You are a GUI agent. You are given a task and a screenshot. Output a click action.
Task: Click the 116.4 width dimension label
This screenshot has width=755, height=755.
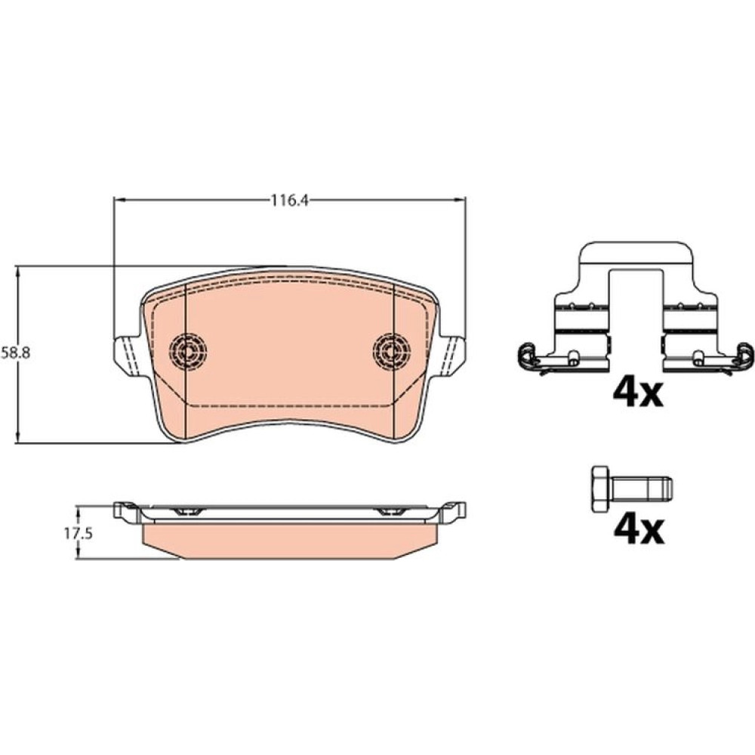coord(288,200)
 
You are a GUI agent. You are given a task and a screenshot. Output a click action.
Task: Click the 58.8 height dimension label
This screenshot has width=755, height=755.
coord(16,353)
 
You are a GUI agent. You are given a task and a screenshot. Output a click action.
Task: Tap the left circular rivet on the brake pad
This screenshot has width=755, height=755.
coord(188,351)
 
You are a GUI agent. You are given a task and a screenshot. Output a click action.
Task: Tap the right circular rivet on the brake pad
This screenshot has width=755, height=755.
coord(392,351)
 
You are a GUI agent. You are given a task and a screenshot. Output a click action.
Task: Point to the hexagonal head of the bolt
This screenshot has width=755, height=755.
coord(599,488)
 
